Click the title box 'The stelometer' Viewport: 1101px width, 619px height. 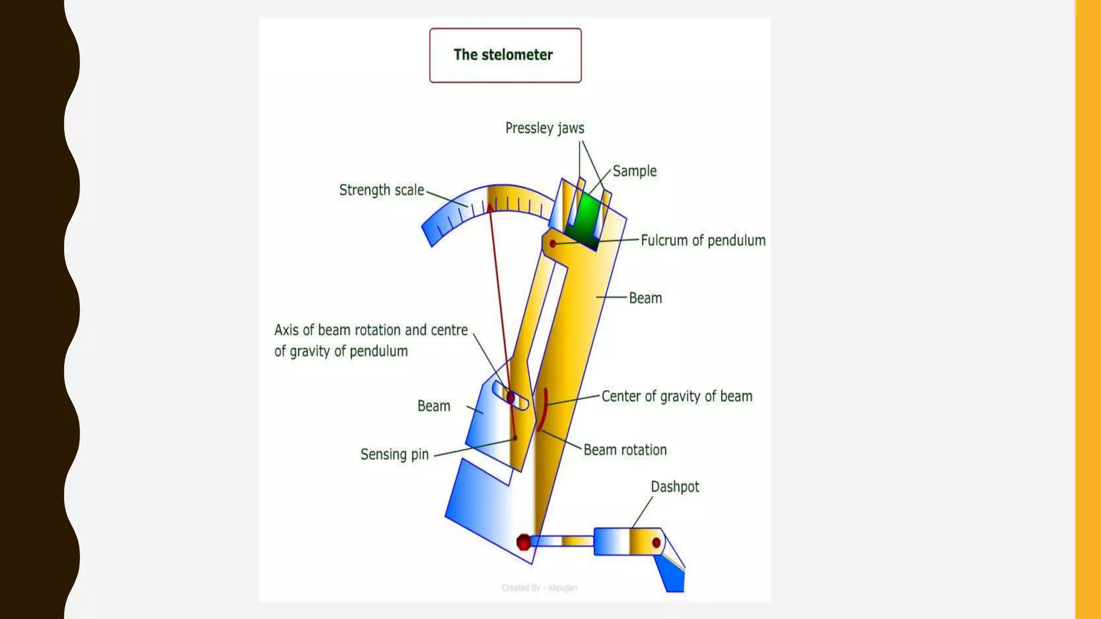point(505,55)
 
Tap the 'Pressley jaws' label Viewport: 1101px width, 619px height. point(544,128)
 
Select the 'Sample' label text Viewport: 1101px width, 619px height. point(634,171)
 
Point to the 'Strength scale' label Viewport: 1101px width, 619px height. point(381,190)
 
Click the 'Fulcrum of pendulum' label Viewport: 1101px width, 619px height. point(703,240)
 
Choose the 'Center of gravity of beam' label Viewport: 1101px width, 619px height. point(676,397)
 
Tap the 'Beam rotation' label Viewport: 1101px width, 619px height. point(625,450)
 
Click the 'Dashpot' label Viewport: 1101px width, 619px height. point(675,487)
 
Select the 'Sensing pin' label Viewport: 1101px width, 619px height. point(394,455)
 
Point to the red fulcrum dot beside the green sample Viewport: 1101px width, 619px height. point(553,244)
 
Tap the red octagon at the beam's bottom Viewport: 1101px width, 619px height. point(523,542)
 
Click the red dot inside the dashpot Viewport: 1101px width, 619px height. point(656,543)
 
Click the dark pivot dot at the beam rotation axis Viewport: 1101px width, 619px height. point(510,397)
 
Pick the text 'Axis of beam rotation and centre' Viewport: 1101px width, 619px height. point(371,330)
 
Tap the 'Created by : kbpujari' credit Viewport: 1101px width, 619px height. point(539,588)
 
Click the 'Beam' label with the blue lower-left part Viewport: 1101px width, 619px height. point(433,406)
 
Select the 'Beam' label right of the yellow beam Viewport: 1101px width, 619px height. point(645,298)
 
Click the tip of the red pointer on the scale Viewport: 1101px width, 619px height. point(490,206)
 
